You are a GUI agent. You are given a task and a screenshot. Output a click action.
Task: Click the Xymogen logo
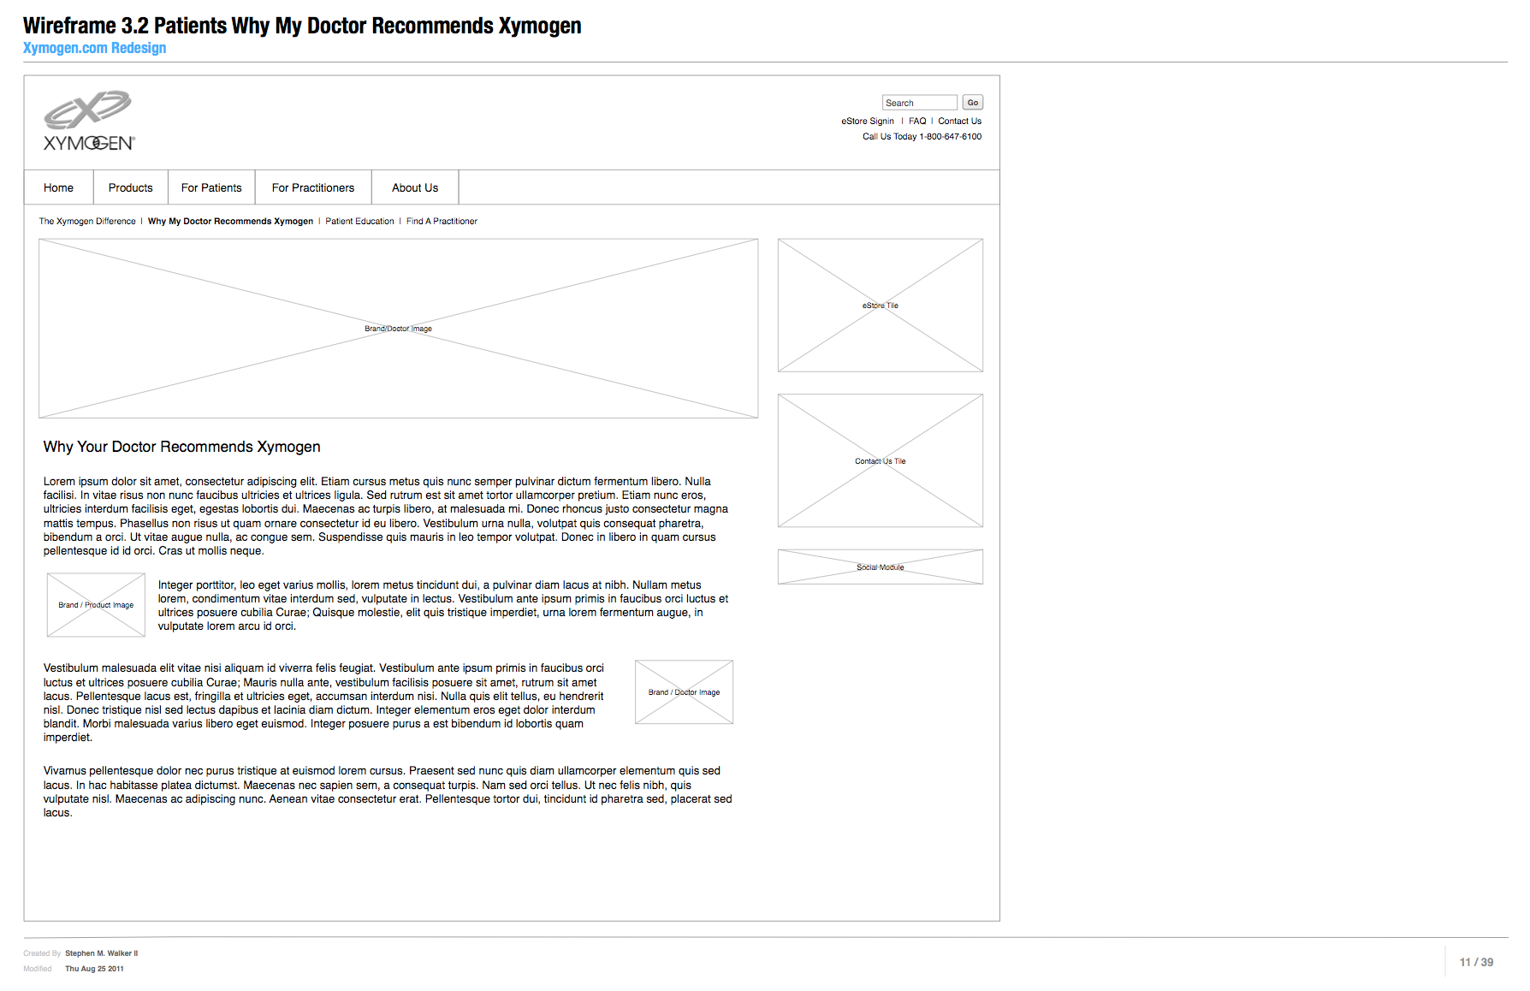89,122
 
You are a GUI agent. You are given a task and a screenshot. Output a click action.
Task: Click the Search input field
919,103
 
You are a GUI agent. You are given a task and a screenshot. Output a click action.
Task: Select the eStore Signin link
867,122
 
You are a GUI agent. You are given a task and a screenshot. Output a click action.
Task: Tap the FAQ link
917,122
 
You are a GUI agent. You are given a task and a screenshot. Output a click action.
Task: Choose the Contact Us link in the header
959,122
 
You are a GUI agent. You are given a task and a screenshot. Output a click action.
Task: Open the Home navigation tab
58,188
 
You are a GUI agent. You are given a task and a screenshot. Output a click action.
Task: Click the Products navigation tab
130,188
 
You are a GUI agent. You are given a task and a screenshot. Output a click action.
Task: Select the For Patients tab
211,188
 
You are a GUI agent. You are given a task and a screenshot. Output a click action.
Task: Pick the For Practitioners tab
313,188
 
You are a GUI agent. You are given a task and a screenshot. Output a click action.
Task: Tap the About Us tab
415,188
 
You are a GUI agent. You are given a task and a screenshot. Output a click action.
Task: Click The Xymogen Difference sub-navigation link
87,222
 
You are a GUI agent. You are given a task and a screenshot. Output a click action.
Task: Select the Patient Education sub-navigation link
359,222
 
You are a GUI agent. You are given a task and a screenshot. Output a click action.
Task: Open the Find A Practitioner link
442,222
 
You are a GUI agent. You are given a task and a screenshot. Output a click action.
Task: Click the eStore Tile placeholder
880,306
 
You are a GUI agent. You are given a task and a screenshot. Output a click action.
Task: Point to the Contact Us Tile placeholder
880,461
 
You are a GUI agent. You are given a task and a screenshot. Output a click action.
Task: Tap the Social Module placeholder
880,567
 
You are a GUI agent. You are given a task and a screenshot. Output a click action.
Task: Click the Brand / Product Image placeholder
96,605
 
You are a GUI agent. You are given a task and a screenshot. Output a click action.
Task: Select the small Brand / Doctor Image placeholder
684,692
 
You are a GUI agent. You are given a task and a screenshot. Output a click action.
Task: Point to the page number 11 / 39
1476,963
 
